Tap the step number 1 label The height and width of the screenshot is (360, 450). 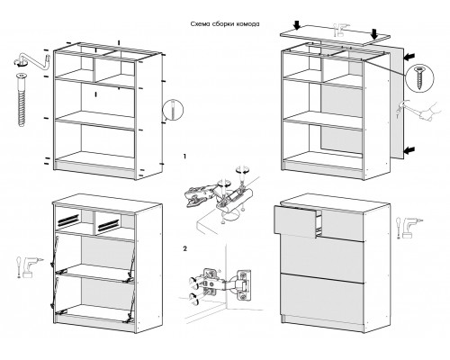tap(184, 157)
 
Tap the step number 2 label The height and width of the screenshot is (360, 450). tap(185, 248)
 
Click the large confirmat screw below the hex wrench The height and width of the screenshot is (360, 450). tap(21, 99)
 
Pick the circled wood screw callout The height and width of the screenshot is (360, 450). tap(419, 78)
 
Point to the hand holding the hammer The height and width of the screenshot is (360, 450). tap(430, 112)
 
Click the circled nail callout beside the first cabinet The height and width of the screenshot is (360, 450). tap(173, 110)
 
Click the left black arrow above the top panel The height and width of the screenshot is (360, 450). tap(297, 25)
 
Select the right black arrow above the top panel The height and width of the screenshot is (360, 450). tap(374, 34)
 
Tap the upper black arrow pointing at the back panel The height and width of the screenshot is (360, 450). tap(409, 56)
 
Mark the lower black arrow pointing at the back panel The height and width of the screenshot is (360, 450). tap(409, 149)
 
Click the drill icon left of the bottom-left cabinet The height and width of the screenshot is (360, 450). tap(29, 267)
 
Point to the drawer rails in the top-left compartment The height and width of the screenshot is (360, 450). tap(68, 220)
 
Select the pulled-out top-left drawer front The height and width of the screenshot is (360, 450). tap(295, 221)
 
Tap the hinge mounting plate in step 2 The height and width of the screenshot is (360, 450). tap(244, 285)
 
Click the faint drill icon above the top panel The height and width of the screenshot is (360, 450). tap(342, 30)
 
